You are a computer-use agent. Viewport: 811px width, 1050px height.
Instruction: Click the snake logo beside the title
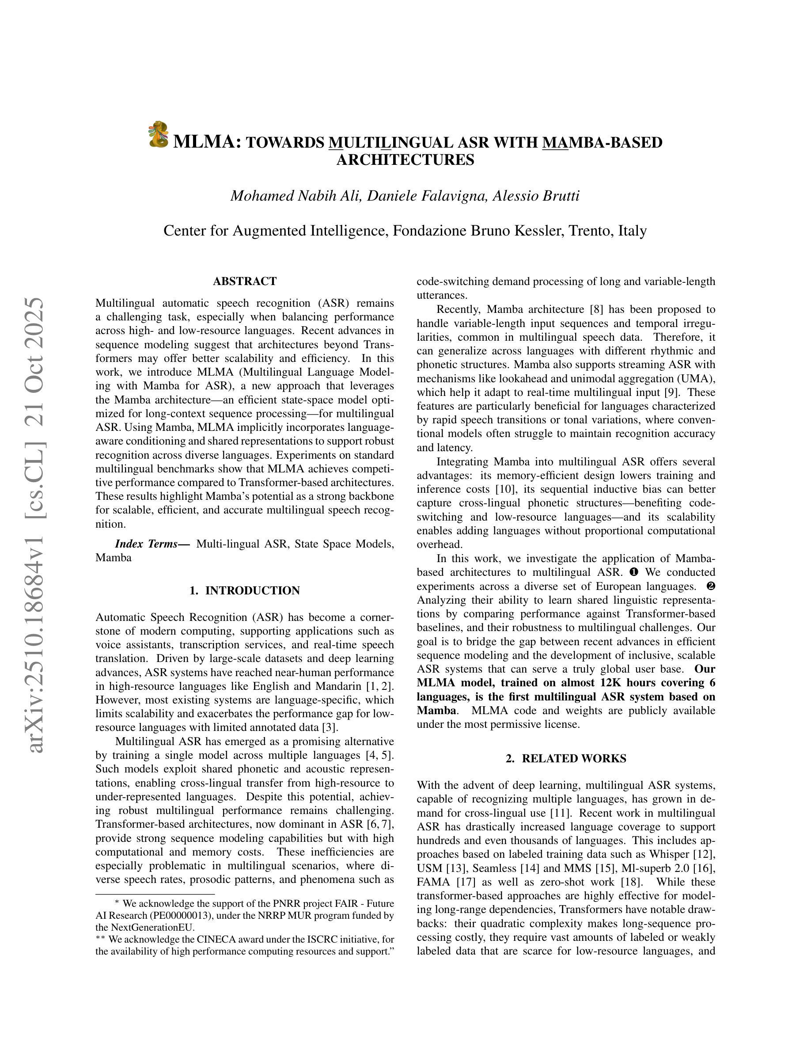point(158,134)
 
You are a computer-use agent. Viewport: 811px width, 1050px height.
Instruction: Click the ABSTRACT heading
point(245,281)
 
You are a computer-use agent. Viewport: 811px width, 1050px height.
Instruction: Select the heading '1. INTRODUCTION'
point(245,590)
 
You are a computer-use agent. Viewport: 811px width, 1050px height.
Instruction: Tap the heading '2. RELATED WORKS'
point(566,758)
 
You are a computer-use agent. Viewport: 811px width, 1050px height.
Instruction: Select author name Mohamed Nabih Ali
point(295,196)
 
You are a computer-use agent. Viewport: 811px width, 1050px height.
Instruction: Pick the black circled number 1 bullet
point(634,572)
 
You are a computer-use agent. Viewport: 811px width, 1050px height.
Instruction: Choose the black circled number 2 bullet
point(711,586)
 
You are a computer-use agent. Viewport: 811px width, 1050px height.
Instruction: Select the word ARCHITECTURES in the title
point(405,160)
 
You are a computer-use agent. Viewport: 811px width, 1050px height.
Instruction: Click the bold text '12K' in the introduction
point(612,683)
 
